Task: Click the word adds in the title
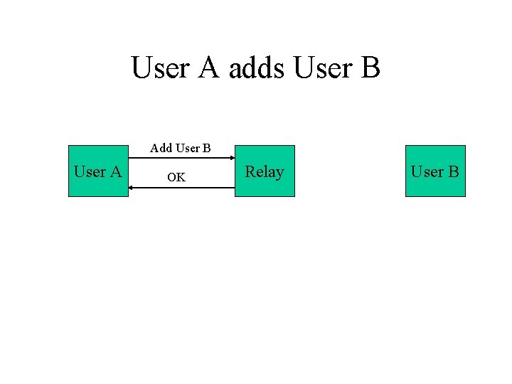tap(257, 68)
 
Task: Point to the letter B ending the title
tap(370, 68)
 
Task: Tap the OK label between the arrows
tap(176, 178)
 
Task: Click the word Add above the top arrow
tap(161, 149)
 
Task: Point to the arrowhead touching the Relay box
tap(232, 158)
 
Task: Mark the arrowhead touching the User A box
tap(132, 188)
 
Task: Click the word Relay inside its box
tap(265, 171)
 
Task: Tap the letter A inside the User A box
tap(117, 171)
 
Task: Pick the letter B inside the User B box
tap(454, 171)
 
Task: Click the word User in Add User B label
tap(188, 149)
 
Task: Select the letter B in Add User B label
tap(207, 149)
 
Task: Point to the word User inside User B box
tap(427, 171)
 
